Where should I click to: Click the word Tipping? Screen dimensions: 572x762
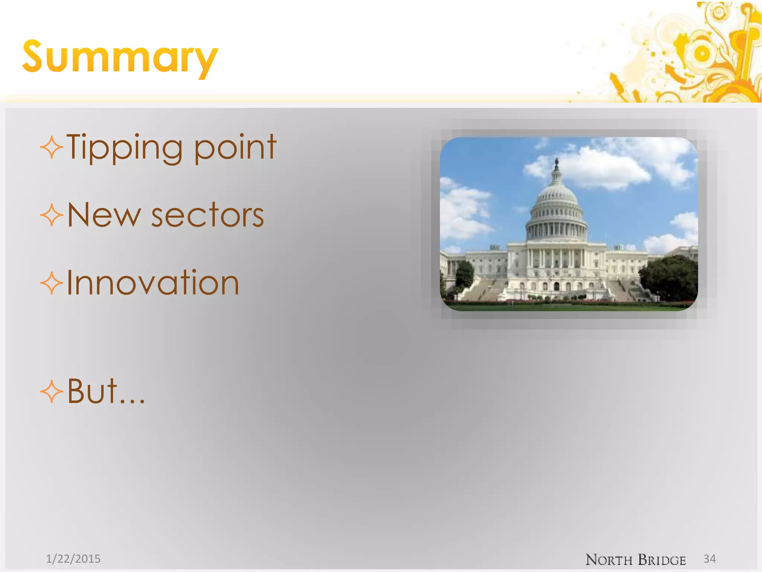[x=125, y=147]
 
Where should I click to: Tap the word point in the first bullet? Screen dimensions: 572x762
[x=235, y=147]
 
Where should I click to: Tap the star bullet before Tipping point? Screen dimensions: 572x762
[x=51, y=147]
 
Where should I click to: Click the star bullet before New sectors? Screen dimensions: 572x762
[x=51, y=215]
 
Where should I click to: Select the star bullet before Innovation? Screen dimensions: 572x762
[x=51, y=283]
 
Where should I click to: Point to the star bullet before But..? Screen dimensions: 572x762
[x=51, y=392]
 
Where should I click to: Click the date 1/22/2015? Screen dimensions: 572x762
[x=73, y=559]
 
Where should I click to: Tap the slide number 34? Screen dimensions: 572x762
[x=710, y=559]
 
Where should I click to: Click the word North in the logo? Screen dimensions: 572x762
[x=609, y=560]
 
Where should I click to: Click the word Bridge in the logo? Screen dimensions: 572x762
[x=662, y=560]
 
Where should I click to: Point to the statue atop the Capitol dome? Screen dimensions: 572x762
[x=557, y=163]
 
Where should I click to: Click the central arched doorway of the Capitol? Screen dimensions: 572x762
[x=557, y=286]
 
